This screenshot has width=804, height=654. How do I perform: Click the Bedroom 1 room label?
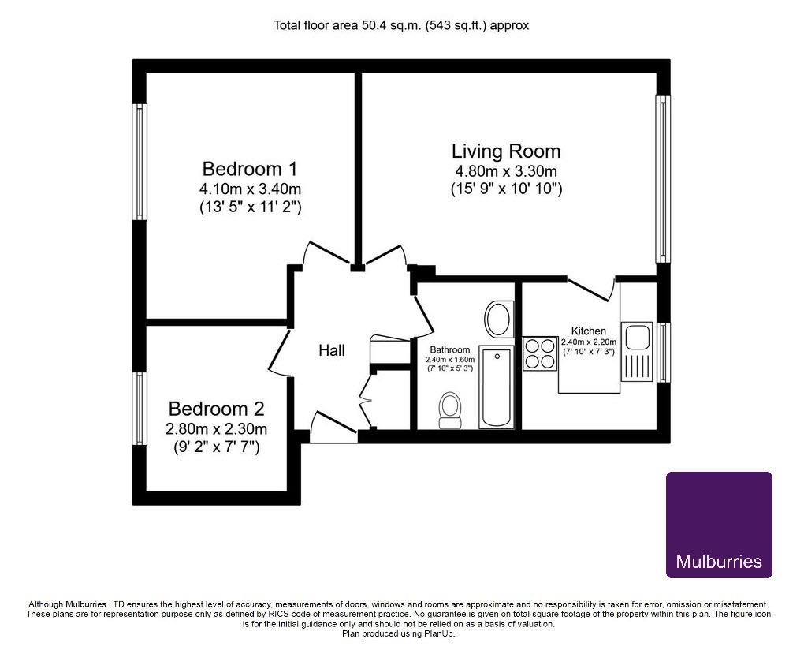click(249, 169)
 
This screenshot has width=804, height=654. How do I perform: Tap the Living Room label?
click(505, 151)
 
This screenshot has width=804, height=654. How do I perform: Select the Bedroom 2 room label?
click(216, 409)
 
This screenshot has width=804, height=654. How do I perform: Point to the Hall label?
click(331, 350)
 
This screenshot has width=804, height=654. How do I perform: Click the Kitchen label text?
click(588, 331)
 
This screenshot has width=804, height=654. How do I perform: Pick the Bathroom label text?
click(450, 349)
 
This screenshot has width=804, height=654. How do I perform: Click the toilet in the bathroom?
click(450, 409)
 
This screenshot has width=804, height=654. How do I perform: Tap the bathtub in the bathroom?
click(496, 387)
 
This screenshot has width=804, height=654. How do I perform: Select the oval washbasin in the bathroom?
click(497, 320)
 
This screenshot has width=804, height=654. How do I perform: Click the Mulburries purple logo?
click(719, 525)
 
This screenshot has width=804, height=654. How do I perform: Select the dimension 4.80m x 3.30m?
click(505, 172)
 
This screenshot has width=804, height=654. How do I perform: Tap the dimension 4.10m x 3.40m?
click(250, 189)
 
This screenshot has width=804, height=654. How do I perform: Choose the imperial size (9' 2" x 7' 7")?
click(216, 447)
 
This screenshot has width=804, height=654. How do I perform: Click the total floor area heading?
click(401, 25)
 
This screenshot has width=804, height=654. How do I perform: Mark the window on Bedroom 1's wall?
click(140, 163)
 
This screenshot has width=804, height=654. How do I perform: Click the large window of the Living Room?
click(663, 179)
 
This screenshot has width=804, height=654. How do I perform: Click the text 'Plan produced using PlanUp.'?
click(398, 633)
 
